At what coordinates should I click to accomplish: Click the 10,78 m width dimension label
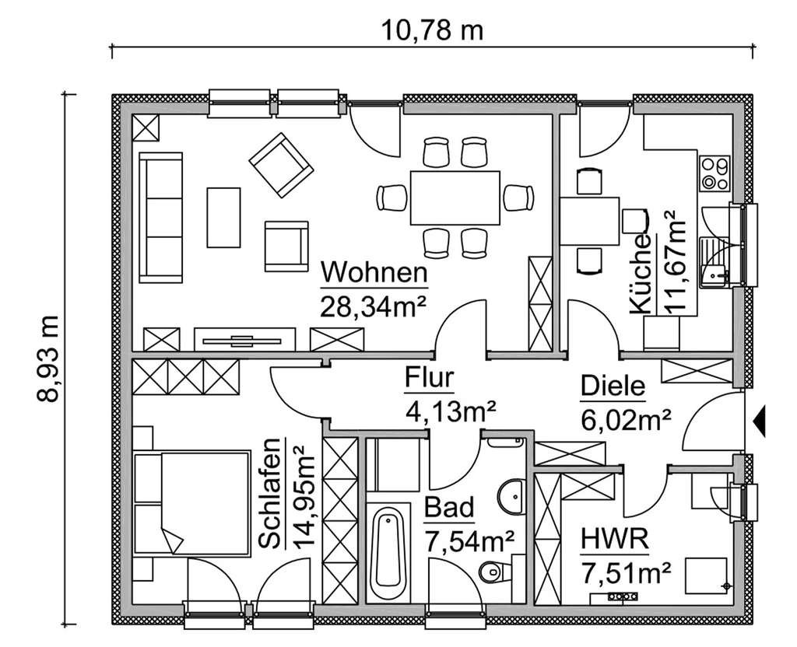pos(432,30)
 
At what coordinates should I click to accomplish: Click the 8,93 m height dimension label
pos(48,358)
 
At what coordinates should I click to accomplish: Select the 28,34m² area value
pos(374,305)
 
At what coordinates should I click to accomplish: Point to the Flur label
pos(429,378)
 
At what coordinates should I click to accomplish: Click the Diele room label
pos(613,386)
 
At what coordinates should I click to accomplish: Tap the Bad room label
pos(449,509)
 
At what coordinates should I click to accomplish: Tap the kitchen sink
pos(714,264)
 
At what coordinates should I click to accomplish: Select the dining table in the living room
pos(455,198)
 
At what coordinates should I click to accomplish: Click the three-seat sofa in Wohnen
pos(161,217)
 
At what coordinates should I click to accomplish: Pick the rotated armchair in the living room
pos(279,166)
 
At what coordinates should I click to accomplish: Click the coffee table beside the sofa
pos(223,217)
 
